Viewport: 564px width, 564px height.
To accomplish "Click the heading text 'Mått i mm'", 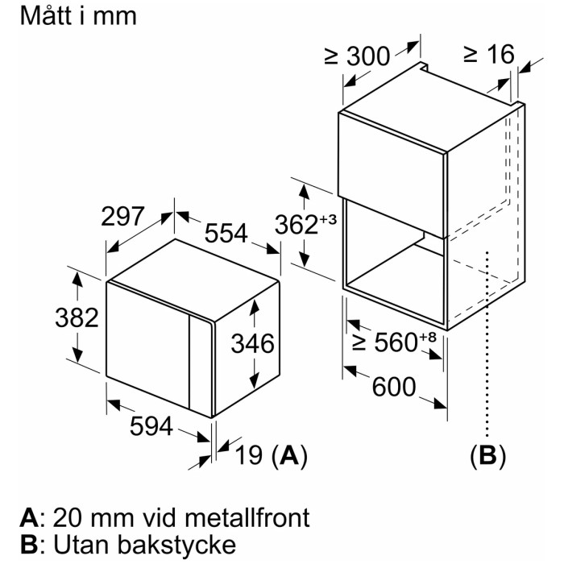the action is pyautogui.click(x=78, y=16).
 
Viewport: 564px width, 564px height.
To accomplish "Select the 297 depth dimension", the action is pyautogui.click(x=122, y=217).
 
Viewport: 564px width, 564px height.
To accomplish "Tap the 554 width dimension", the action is pyautogui.click(x=226, y=233).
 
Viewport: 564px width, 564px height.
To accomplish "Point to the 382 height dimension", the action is pyautogui.click(x=77, y=317).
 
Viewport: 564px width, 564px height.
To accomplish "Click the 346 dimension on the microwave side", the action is pyautogui.click(x=252, y=343).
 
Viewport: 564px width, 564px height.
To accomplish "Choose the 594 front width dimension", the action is pyautogui.click(x=151, y=426).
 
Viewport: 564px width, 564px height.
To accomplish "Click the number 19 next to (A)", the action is pyautogui.click(x=249, y=454).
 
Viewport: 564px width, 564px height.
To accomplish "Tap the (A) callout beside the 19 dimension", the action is pyautogui.click(x=289, y=455).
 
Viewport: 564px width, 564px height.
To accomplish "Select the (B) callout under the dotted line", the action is pyautogui.click(x=487, y=455).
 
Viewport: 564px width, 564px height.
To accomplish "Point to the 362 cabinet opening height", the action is pyautogui.click(x=297, y=225).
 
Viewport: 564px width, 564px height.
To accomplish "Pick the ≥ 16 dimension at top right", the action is pyautogui.click(x=489, y=55).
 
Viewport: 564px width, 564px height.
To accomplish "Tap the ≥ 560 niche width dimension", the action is pyautogui.click(x=385, y=342).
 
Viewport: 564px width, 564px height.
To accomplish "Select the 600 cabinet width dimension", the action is pyautogui.click(x=394, y=387).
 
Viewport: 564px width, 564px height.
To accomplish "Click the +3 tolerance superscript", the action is pyautogui.click(x=328, y=218).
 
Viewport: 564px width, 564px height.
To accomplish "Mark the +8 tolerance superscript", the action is pyautogui.click(x=427, y=337).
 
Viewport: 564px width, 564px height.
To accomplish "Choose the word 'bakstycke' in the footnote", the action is pyautogui.click(x=177, y=545).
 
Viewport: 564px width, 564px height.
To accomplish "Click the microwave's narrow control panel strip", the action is pyautogui.click(x=201, y=366).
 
